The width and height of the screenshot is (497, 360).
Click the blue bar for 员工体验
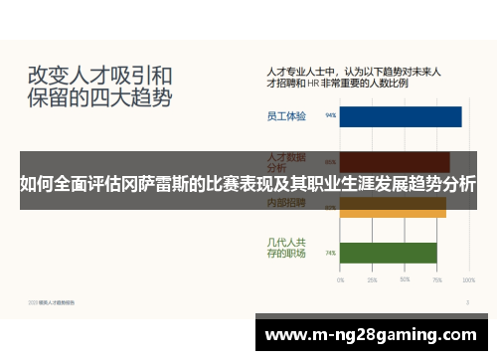(401, 116)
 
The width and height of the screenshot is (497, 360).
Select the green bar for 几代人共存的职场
(389, 253)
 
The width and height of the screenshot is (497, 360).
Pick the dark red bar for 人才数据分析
(395, 161)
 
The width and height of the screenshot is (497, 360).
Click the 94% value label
(330, 116)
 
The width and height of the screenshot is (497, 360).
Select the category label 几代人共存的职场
(286, 248)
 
